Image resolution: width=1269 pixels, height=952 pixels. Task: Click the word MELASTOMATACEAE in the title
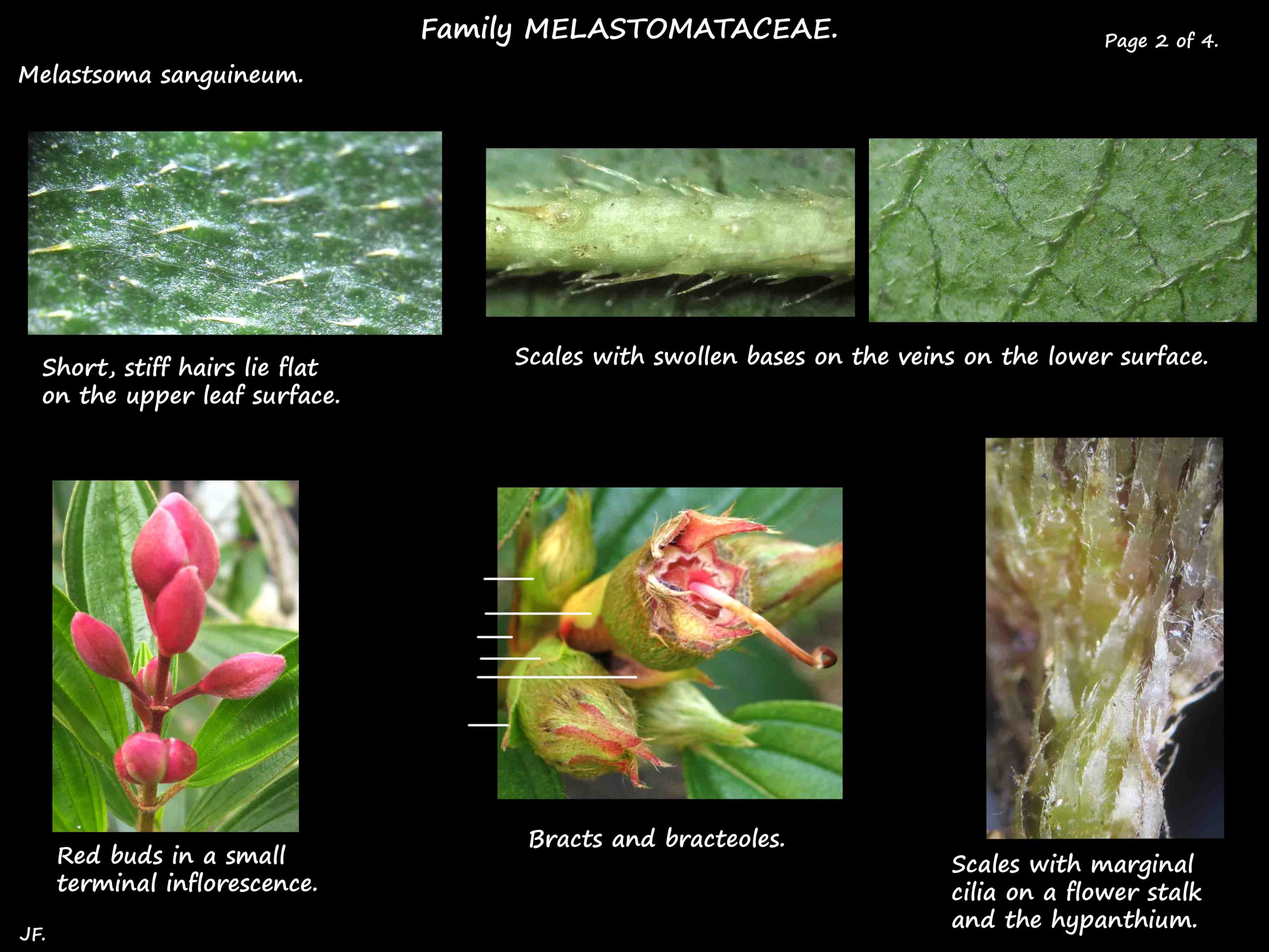[681, 29]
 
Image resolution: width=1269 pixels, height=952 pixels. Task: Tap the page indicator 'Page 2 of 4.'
[1161, 41]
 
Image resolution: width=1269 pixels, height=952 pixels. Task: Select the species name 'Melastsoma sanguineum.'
[161, 76]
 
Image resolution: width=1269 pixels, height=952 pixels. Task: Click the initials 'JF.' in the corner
[32, 934]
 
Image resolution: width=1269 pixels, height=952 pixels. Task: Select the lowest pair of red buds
[155, 759]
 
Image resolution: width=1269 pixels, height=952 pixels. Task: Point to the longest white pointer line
[557, 677]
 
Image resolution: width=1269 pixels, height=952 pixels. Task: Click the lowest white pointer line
[488, 725]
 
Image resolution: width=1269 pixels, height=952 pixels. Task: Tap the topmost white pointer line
[508, 579]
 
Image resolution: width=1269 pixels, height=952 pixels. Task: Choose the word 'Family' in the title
[466, 29]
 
